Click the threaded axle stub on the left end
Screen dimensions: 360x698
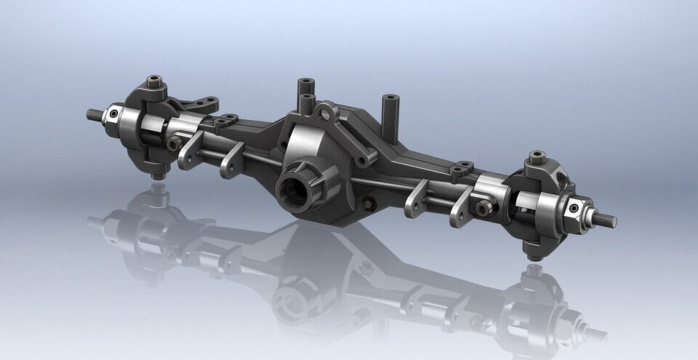pyautogui.click(x=95, y=114)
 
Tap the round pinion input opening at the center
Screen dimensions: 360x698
pyautogui.click(x=298, y=187)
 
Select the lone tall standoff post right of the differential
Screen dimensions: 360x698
pyautogui.click(x=390, y=116)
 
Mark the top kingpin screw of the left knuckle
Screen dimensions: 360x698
pyautogui.click(x=154, y=80)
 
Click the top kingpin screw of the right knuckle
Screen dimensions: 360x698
pyautogui.click(x=537, y=156)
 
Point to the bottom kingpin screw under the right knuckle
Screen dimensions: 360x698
pyautogui.click(x=533, y=254)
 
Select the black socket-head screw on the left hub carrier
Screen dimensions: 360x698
pyautogui.click(x=173, y=144)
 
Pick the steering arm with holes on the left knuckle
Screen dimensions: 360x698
pyautogui.click(x=201, y=103)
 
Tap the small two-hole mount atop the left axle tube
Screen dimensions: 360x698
pyautogui.click(x=225, y=119)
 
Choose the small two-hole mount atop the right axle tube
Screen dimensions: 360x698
pyautogui.click(x=461, y=172)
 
